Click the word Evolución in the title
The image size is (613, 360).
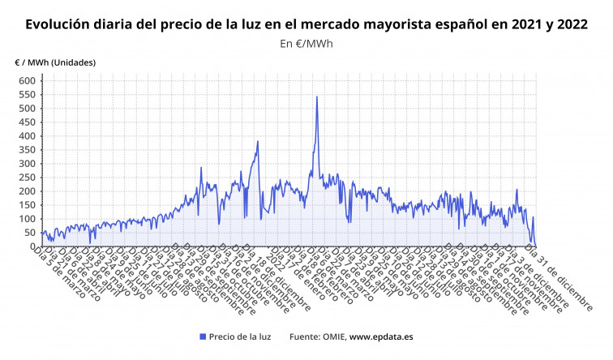(x=59, y=24)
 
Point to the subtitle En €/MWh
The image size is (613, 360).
(x=306, y=44)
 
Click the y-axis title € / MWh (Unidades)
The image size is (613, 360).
(x=55, y=62)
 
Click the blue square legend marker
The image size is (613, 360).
(x=202, y=336)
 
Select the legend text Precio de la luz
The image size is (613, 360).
(x=240, y=336)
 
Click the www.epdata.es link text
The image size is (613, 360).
(x=383, y=336)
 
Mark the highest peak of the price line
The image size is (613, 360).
(x=317, y=97)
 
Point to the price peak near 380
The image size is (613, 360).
(x=258, y=142)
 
